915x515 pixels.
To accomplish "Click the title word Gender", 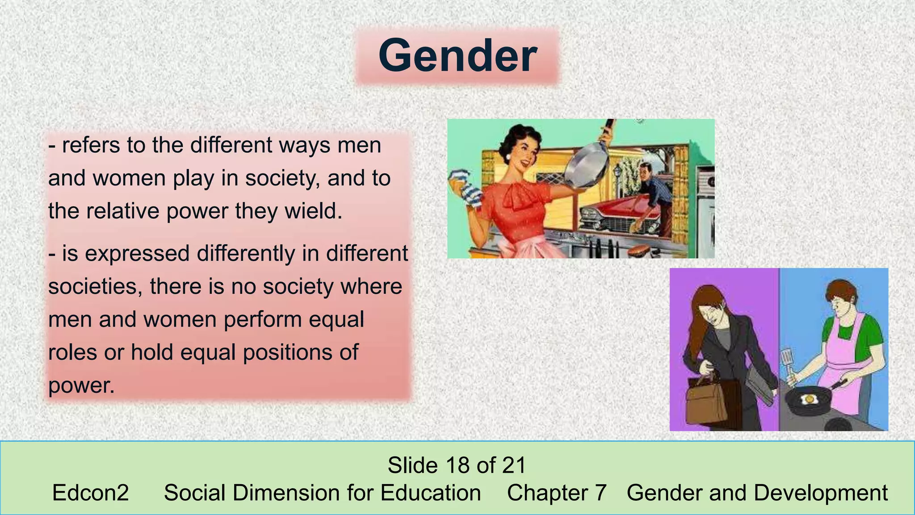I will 457,56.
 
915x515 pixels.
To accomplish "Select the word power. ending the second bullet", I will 81,386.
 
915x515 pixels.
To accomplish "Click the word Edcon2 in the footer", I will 90,493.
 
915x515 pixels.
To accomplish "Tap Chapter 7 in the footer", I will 557,493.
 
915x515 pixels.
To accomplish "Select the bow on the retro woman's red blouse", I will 518,197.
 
